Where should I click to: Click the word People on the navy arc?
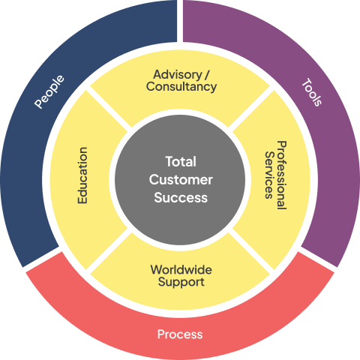click(x=49, y=91)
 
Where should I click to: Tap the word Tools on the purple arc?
click(x=312, y=92)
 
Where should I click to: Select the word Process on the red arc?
click(x=180, y=334)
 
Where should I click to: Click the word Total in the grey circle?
click(x=181, y=161)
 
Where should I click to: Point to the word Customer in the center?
click(x=181, y=179)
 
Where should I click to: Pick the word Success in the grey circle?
click(x=181, y=197)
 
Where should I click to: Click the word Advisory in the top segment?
click(x=178, y=74)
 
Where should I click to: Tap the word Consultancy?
click(x=181, y=87)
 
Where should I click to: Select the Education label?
click(x=82, y=175)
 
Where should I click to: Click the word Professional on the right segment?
click(x=282, y=175)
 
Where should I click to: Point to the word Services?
click(x=269, y=175)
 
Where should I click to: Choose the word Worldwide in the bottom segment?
click(x=181, y=270)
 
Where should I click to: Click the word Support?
click(x=181, y=282)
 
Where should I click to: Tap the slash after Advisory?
click(x=207, y=75)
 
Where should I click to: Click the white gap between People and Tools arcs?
click(x=180, y=21)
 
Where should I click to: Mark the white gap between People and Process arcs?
click(x=43, y=259)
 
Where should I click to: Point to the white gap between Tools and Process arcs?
click(x=317, y=259)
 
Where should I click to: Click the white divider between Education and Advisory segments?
click(x=109, y=109)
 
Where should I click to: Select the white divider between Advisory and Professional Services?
click(x=251, y=109)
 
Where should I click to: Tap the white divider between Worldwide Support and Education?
click(x=109, y=251)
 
